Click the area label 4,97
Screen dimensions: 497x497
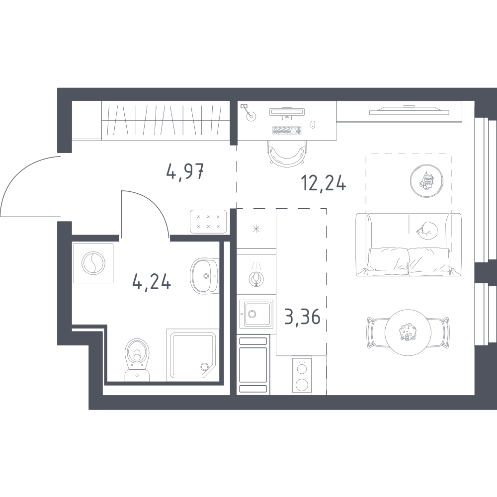tap(184, 172)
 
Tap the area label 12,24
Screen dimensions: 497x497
tap(324, 183)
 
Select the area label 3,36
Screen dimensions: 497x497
tap(302, 317)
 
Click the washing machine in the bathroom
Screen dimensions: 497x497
tap(93, 263)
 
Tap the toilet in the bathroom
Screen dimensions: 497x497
tap(137, 359)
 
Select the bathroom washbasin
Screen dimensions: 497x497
tap(205, 275)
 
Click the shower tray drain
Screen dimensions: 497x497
tap(203, 367)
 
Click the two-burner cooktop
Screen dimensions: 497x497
tap(302, 375)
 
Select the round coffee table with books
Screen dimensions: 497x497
tap(426, 181)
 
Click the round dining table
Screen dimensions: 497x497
tap(408, 332)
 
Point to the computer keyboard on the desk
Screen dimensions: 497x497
tap(287, 130)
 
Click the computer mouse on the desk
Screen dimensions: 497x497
tap(313, 124)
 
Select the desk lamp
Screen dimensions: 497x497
tap(249, 112)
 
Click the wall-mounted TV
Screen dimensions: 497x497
tap(409, 110)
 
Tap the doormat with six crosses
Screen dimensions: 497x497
tap(208, 222)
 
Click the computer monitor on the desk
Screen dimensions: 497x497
tap(287, 113)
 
